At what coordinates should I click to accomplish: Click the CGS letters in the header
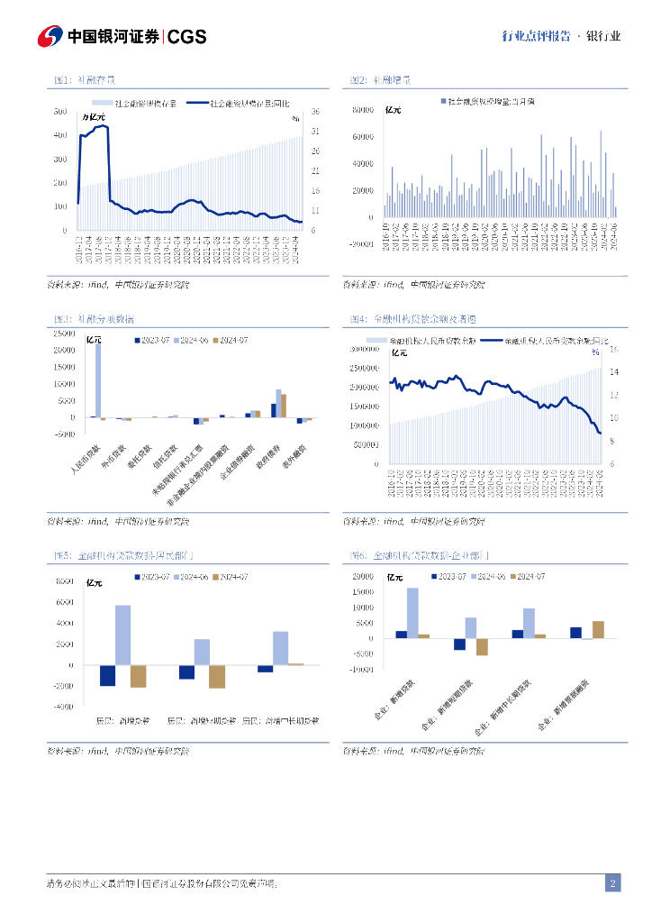[x=187, y=36]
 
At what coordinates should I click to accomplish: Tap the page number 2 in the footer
[x=612, y=883]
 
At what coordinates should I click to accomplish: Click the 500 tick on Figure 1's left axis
[x=60, y=112]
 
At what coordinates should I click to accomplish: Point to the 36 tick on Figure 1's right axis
[x=317, y=112]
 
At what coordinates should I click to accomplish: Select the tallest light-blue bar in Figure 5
[x=122, y=635]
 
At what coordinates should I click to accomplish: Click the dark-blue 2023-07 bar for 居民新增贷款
[x=107, y=675]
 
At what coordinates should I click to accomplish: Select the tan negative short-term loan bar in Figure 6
[x=482, y=646]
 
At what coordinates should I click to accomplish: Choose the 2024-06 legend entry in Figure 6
[x=491, y=576]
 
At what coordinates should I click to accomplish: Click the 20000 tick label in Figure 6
[x=362, y=576]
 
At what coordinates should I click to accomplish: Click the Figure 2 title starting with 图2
[x=380, y=80]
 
